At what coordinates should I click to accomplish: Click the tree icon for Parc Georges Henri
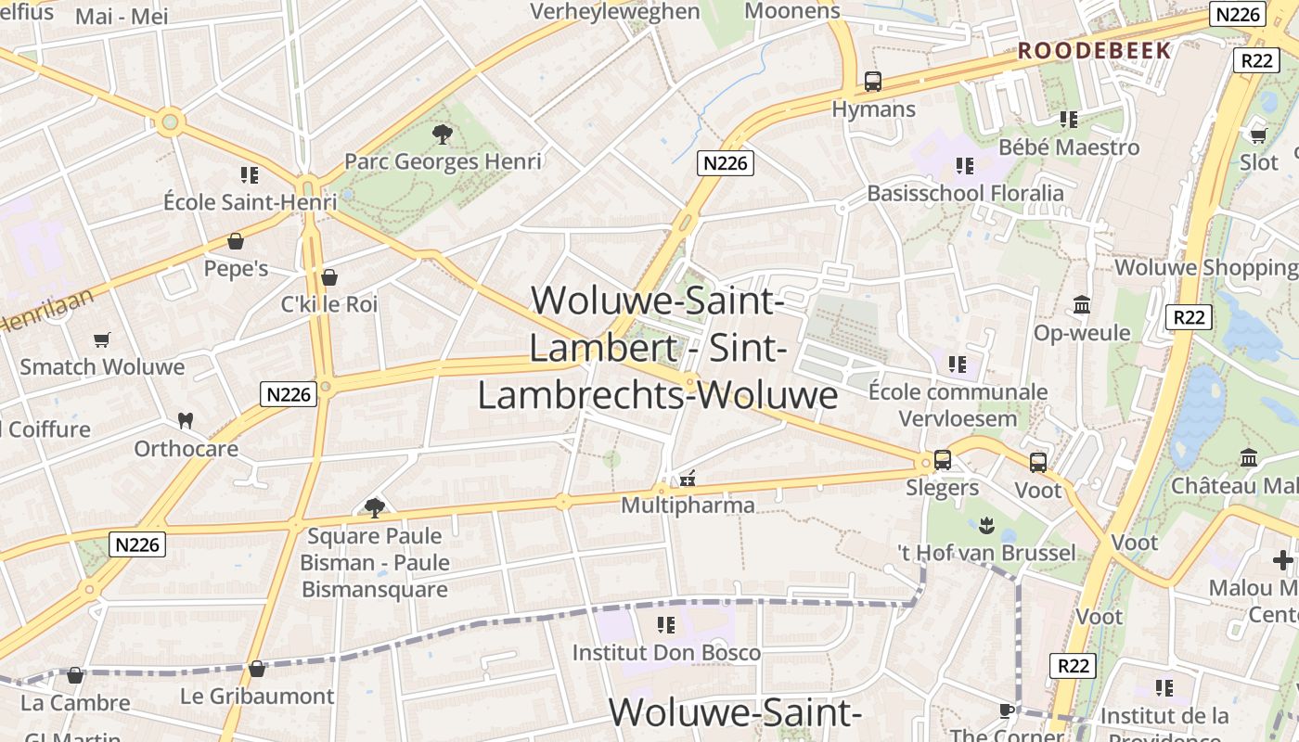[x=442, y=134]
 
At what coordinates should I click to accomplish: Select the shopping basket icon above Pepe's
[x=236, y=241]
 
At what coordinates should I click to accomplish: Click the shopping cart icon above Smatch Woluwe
[x=102, y=340]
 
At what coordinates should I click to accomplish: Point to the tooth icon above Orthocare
[x=186, y=420]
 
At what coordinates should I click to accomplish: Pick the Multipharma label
[x=688, y=505]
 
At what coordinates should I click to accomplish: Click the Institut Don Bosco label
[x=666, y=652]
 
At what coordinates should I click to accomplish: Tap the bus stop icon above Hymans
[x=873, y=82]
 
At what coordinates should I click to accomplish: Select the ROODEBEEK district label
[x=1095, y=51]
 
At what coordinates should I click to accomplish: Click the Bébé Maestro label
[x=1069, y=147]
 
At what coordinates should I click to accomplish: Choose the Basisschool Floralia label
[x=965, y=193]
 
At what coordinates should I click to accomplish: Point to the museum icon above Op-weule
[x=1082, y=305]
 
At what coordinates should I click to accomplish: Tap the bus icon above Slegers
[x=943, y=459]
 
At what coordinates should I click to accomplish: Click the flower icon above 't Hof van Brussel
[x=986, y=527]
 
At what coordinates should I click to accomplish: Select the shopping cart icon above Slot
[x=1258, y=135]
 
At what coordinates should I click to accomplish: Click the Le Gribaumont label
[x=257, y=696]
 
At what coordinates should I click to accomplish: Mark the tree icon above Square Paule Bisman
[x=375, y=507]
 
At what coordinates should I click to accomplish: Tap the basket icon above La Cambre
[x=75, y=675]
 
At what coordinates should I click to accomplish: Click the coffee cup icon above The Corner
[x=1007, y=710]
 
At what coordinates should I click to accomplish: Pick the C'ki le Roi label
[x=329, y=304]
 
